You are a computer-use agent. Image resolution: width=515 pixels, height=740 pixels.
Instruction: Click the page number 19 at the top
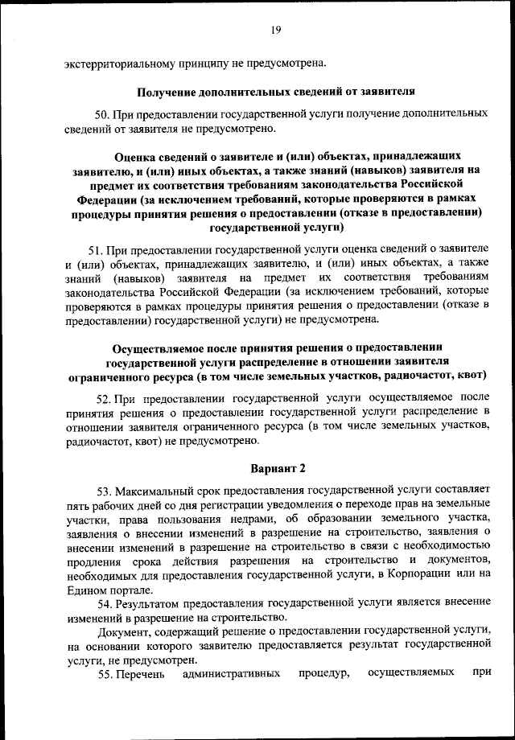(275, 31)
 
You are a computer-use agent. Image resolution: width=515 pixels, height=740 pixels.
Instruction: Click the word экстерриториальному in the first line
(120, 64)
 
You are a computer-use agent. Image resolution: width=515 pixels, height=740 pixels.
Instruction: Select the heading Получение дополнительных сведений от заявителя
(274, 92)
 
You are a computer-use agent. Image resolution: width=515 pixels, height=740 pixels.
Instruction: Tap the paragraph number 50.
(103, 115)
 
